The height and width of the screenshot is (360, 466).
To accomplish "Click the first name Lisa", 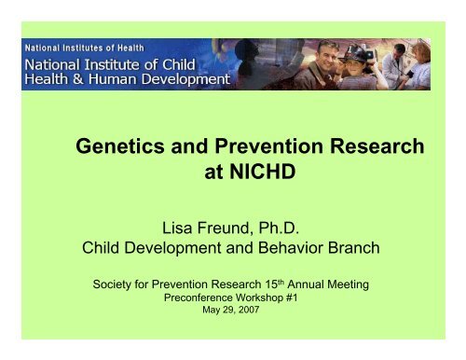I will point(183,226).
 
